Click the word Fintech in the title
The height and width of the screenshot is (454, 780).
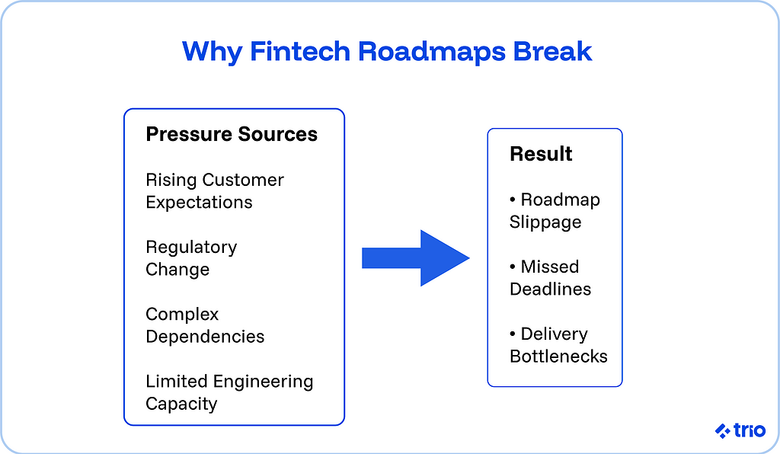coord(299,51)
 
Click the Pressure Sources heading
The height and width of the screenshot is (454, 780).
coord(232,135)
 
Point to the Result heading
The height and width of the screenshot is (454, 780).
coord(541,154)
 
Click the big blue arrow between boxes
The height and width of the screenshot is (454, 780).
coord(415,257)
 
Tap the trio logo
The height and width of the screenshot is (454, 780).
coord(740,430)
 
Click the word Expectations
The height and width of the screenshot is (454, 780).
coord(199,203)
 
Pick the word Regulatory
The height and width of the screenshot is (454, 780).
coord(191,248)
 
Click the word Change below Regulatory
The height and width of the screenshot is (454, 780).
coord(177,270)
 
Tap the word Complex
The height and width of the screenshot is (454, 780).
coord(182,315)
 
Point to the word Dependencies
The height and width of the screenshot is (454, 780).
coord(205,337)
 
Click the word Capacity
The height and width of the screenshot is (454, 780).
coord(181,404)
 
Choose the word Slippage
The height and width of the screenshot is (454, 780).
coord(545,222)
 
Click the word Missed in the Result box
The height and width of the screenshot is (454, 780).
coord(550,267)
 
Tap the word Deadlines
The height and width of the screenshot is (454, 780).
coord(551,289)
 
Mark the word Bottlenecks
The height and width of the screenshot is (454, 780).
coord(558,356)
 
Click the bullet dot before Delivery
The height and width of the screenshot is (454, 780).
coord(513,334)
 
